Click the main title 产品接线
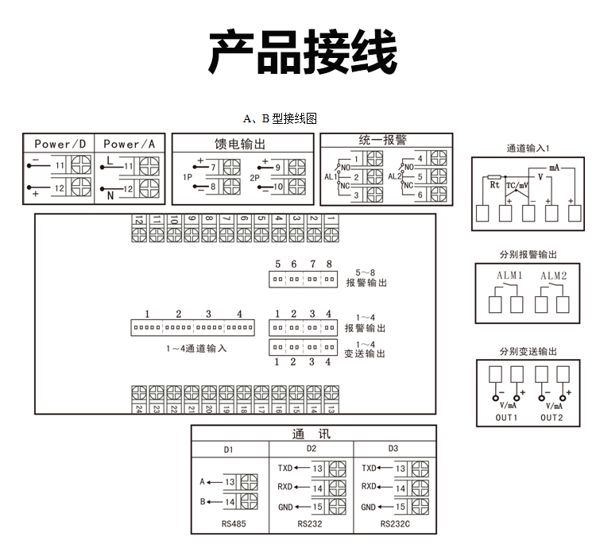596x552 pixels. tap(302, 53)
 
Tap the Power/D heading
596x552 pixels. tap(60, 144)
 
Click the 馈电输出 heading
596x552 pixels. tap(240, 144)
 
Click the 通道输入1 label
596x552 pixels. tap(528, 149)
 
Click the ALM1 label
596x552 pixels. tap(509, 276)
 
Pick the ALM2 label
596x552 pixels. tap(553, 276)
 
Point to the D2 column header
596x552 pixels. tap(311, 450)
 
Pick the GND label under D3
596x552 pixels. tap(368, 507)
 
